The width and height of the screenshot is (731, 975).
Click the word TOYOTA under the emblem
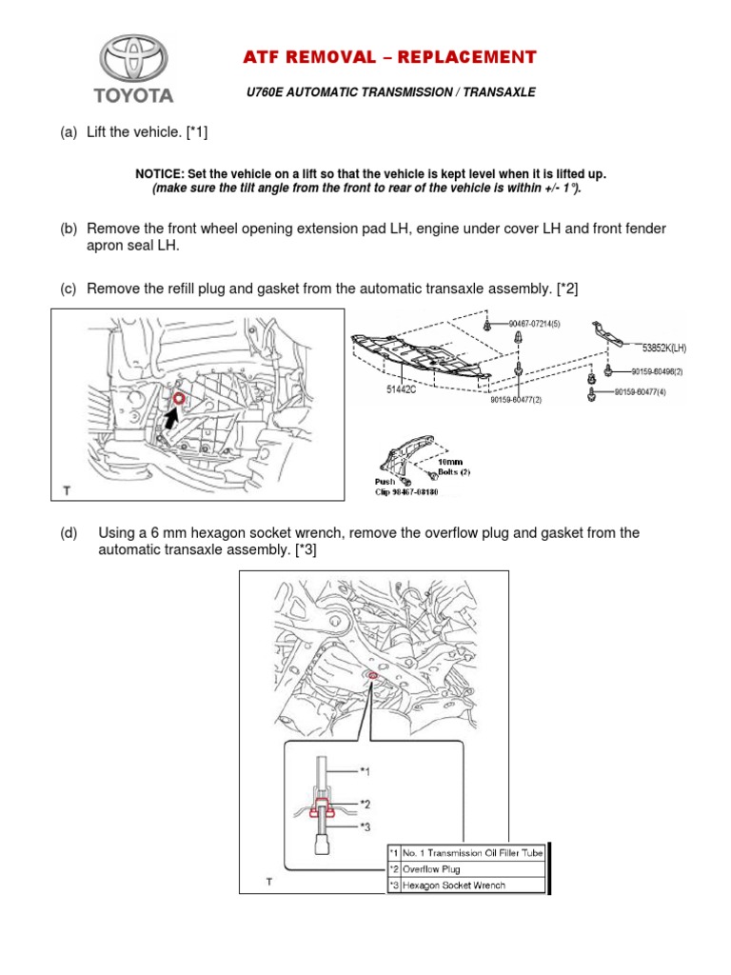click(x=133, y=95)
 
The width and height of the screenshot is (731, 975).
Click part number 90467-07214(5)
click(x=534, y=324)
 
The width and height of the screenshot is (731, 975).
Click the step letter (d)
click(x=69, y=533)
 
